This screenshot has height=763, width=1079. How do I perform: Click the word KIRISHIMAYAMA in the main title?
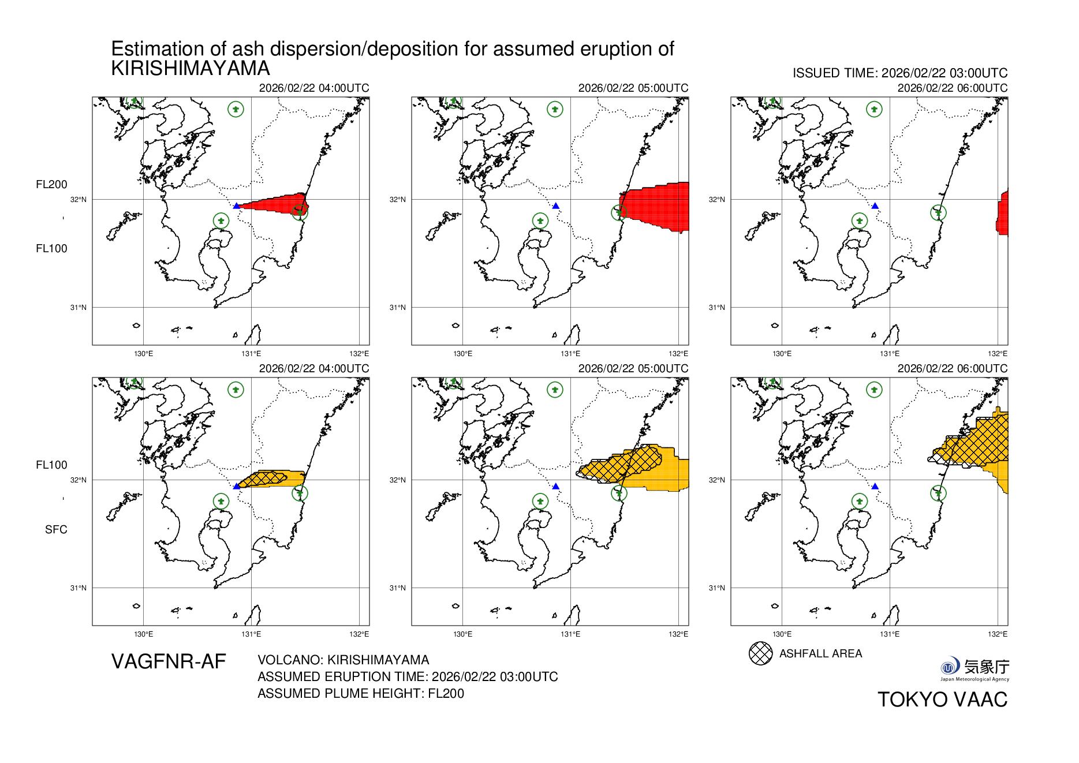click(191, 69)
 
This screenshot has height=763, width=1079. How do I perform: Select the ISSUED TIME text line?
click(899, 73)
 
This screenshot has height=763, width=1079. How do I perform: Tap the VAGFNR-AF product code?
click(169, 661)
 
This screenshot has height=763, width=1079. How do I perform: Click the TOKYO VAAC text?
click(942, 700)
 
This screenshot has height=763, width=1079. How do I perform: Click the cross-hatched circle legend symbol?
click(760, 653)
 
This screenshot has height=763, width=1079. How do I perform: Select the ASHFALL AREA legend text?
click(820, 653)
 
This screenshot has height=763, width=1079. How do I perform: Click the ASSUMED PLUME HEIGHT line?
click(360, 693)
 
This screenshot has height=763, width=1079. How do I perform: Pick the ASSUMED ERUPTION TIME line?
click(408, 676)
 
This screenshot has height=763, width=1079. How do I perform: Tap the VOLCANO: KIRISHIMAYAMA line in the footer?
click(343, 660)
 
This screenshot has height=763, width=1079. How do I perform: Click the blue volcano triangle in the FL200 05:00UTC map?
click(556, 205)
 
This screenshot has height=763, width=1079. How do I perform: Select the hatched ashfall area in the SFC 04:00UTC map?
click(263, 478)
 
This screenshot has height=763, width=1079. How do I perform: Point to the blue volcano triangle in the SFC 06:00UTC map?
click(875, 487)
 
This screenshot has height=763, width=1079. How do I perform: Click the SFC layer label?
click(56, 529)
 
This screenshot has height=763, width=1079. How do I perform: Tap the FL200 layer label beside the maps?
click(51, 184)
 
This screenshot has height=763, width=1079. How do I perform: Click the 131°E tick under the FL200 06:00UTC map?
click(890, 353)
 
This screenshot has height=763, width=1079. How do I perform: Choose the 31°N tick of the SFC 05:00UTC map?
click(398, 588)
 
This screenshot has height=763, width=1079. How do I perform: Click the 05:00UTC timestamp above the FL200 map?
click(633, 88)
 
